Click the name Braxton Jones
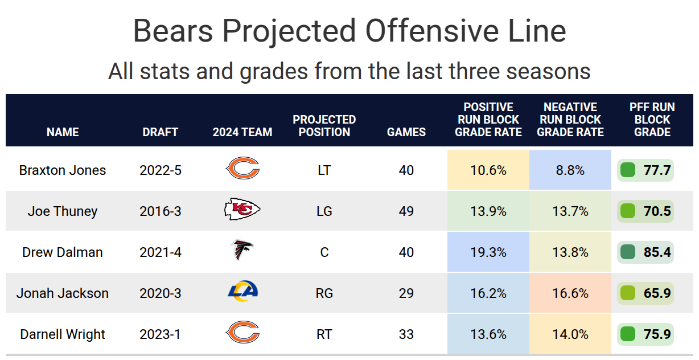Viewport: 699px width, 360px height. click(63, 170)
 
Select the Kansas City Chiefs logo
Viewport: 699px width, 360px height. click(242, 210)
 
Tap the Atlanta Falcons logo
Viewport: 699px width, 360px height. click(242, 251)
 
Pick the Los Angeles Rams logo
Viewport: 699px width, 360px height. click(242, 292)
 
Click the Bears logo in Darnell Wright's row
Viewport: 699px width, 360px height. click(242, 333)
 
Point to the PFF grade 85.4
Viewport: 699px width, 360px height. click(657, 252)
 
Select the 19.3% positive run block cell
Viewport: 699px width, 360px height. click(488, 252)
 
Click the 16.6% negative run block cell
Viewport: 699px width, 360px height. click(570, 293)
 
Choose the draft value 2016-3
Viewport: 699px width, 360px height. click(161, 211)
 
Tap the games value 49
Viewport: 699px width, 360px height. click(406, 211)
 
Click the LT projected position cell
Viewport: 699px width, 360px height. click(324, 170)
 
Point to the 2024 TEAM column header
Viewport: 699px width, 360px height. click(242, 132)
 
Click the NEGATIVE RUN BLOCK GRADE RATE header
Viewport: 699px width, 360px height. click(570, 120)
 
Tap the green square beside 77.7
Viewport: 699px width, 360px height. click(628, 170)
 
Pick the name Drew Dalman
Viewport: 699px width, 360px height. click(63, 252)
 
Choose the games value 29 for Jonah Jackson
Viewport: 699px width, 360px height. click(406, 293)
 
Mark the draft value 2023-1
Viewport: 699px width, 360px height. click(161, 334)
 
